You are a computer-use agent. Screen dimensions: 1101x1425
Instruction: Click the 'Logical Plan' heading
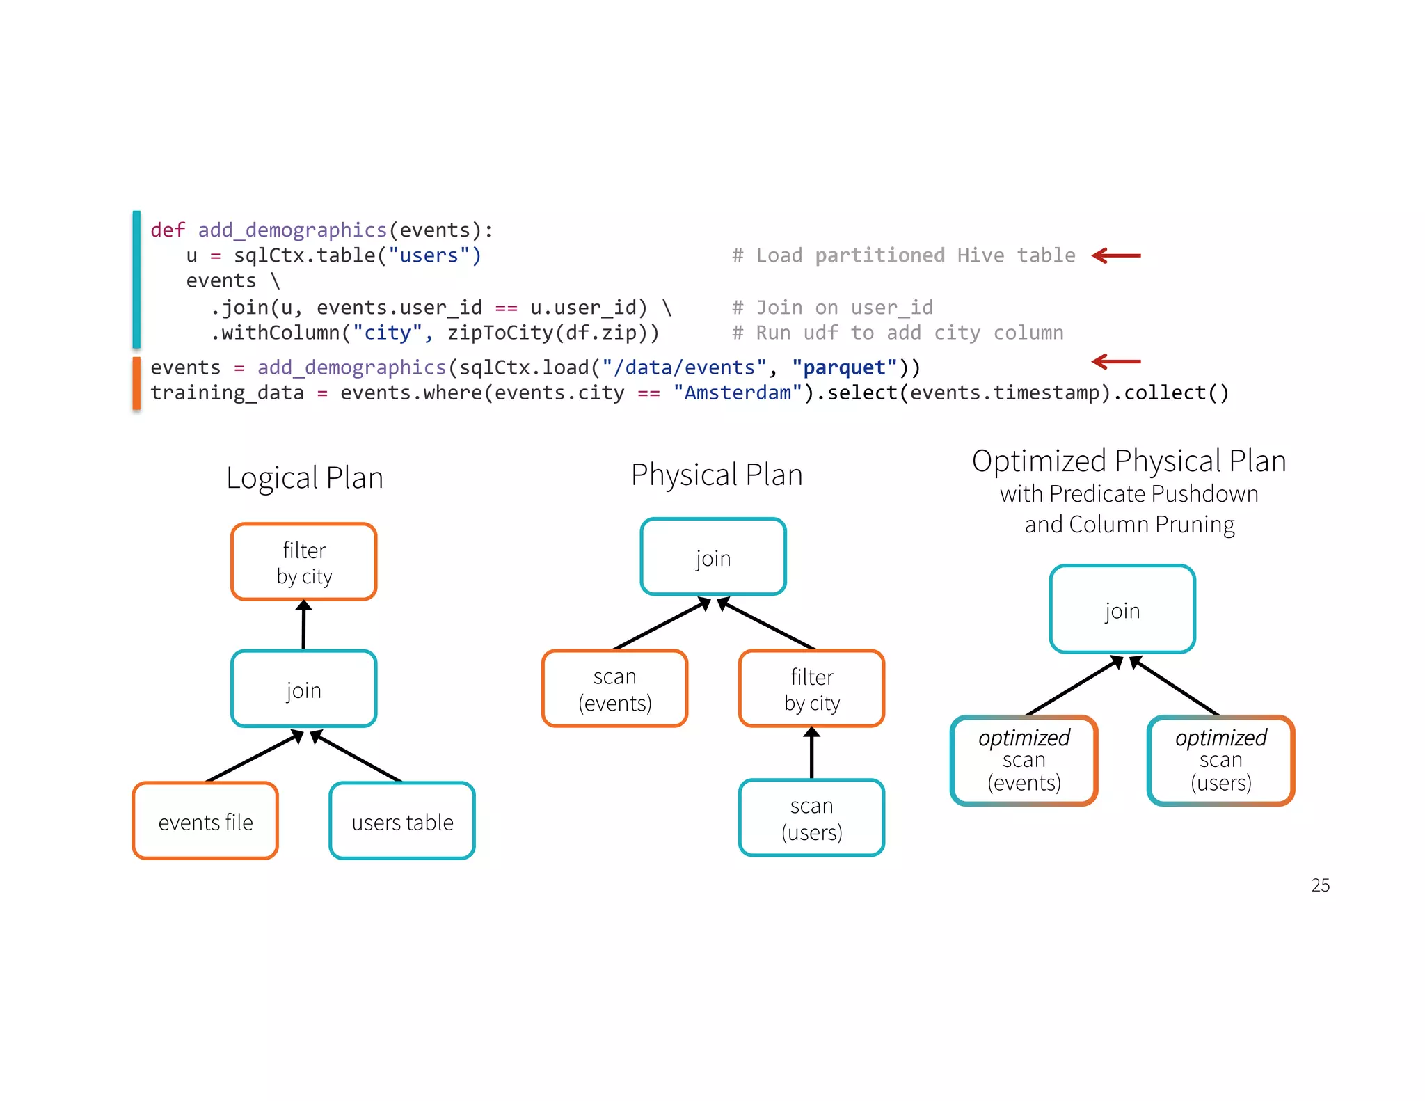point(305,478)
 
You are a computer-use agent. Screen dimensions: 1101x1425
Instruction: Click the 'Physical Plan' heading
point(717,475)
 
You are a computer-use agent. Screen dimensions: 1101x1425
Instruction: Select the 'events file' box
point(205,821)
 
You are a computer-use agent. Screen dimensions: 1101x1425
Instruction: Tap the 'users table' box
point(402,821)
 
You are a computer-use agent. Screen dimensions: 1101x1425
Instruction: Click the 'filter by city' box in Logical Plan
point(304,562)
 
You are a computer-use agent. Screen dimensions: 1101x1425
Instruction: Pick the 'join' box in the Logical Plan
point(304,689)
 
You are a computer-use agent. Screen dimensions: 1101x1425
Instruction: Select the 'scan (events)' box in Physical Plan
point(615,689)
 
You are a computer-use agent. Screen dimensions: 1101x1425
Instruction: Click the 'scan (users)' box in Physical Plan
point(811,818)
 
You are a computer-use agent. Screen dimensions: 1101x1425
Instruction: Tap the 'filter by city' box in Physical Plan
point(811,689)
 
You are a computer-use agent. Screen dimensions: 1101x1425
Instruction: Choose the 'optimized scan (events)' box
point(1024,761)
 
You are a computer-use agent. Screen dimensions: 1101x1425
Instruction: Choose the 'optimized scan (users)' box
point(1220,761)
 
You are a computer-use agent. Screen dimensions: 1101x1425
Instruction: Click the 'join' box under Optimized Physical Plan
point(1122,610)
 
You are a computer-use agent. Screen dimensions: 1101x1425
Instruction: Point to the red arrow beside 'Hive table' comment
point(1116,256)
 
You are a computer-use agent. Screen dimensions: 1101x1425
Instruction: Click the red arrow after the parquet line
point(1116,361)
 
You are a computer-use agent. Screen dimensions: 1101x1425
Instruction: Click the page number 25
point(1320,885)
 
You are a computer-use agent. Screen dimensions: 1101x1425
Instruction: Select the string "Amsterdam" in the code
point(738,393)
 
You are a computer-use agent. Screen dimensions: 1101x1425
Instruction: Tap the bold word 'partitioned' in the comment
point(879,255)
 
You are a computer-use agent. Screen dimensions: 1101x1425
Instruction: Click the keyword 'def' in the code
point(168,230)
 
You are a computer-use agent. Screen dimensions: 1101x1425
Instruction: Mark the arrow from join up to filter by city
point(303,624)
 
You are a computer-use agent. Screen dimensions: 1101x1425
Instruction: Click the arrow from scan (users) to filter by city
point(811,752)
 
